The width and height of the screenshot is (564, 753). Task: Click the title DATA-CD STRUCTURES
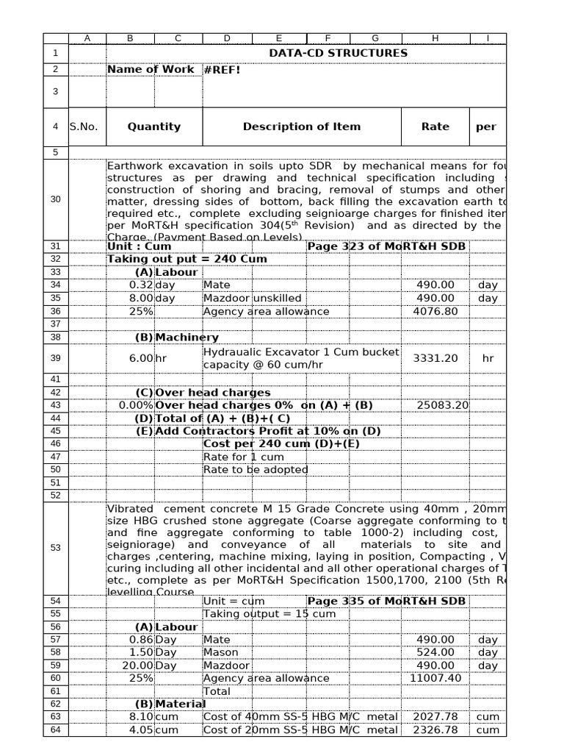click(x=338, y=53)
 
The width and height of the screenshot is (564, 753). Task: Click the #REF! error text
click(x=221, y=70)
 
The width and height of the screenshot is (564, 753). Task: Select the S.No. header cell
click(x=84, y=126)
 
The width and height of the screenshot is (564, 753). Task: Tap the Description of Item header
click(x=302, y=126)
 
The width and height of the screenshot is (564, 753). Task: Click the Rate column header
click(x=435, y=126)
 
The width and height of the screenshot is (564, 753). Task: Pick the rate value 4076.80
click(x=435, y=311)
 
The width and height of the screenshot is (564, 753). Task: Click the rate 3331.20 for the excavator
click(x=435, y=358)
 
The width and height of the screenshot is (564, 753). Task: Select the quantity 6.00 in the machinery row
click(x=140, y=358)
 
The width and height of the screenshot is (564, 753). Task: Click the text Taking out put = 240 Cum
click(x=187, y=259)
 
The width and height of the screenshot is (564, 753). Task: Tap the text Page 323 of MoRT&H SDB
click(x=386, y=246)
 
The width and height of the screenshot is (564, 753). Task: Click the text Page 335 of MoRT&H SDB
click(x=386, y=601)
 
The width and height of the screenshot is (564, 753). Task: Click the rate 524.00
click(x=435, y=652)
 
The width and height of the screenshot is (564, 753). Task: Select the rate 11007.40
click(x=435, y=678)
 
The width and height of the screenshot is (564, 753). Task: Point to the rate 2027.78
click(x=435, y=716)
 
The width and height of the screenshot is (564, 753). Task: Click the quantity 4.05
click(x=140, y=729)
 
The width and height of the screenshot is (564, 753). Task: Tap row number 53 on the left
click(x=56, y=548)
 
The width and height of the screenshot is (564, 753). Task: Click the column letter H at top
click(x=435, y=38)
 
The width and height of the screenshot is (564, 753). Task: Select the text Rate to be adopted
click(x=256, y=469)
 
